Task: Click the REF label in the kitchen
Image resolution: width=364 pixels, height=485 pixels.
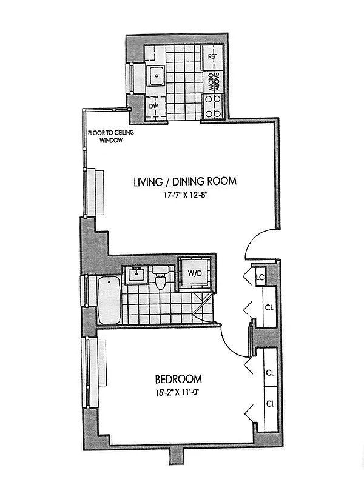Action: point(212,56)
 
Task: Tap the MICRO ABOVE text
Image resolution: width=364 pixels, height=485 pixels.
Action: point(212,82)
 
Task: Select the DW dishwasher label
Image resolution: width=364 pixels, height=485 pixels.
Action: point(153,107)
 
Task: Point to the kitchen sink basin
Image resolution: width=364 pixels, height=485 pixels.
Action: point(157,76)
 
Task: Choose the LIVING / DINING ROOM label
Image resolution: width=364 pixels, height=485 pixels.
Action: point(184,181)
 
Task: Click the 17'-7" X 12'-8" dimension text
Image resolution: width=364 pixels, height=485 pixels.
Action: point(184,195)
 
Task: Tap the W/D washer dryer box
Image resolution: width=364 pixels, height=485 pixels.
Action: point(195,273)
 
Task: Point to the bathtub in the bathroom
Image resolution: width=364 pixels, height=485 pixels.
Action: point(109,299)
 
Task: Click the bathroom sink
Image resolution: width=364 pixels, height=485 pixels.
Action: point(135,276)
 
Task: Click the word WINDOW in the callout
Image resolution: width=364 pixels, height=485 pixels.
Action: point(112,141)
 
